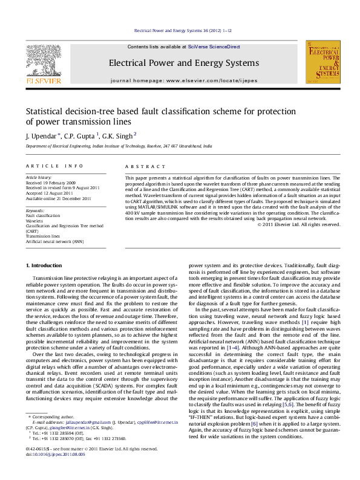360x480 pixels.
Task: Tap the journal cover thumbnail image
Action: click(322, 62)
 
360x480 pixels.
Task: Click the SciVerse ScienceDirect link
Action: click(214, 47)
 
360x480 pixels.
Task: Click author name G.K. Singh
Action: click(117, 135)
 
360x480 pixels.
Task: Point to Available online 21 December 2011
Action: click(58, 198)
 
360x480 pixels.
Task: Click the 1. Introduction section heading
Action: click(45, 266)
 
